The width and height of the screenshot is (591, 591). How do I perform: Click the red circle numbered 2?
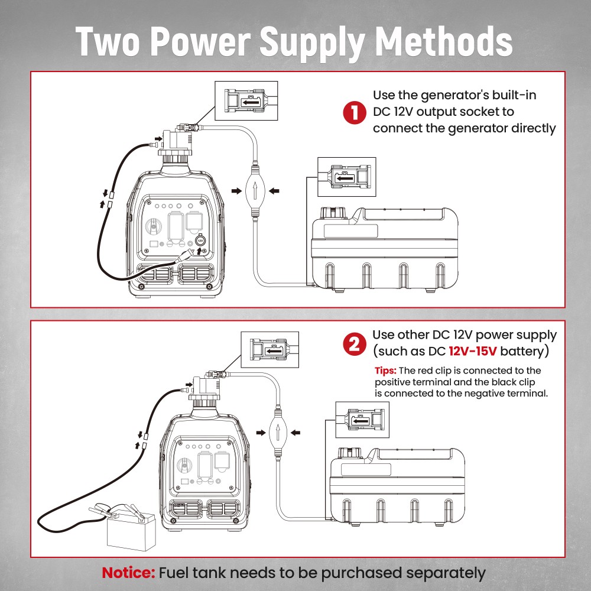(x=355, y=344)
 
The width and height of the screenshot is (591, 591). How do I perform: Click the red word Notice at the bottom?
(x=128, y=573)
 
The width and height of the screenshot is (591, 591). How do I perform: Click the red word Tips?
(x=385, y=371)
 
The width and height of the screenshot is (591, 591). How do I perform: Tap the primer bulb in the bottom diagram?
(x=277, y=433)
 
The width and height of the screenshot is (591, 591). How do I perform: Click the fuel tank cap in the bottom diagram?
(x=349, y=452)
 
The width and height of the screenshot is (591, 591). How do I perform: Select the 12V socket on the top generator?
(x=200, y=241)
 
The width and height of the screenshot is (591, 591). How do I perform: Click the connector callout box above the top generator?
(x=246, y=100)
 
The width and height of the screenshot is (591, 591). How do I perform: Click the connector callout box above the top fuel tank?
(x=346, y=177)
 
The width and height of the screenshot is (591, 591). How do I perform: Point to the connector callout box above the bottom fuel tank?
(x=362, y=420)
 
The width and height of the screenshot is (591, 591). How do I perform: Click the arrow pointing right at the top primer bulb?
(x=236, y=191)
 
